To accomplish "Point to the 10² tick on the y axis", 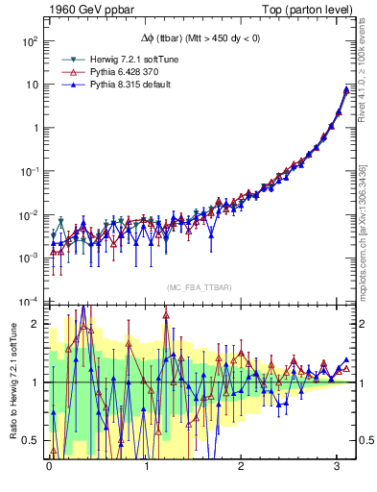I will [29, 42].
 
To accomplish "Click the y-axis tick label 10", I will [31, 85].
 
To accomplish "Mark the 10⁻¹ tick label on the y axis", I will [29, 171].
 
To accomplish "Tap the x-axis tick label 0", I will [49, 466].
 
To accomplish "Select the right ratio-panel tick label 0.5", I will [365, 441].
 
